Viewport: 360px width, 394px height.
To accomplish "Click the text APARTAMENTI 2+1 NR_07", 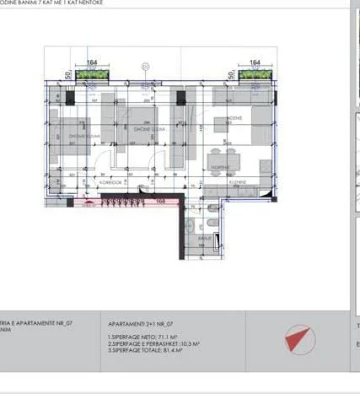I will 142,323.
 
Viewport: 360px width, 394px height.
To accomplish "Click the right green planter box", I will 255,77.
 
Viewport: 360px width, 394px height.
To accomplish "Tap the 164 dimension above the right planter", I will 255,62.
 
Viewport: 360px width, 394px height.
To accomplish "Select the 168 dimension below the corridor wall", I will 160,201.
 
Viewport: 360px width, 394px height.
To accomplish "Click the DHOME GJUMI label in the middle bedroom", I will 148,129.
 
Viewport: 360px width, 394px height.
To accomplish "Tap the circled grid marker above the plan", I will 145,65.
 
